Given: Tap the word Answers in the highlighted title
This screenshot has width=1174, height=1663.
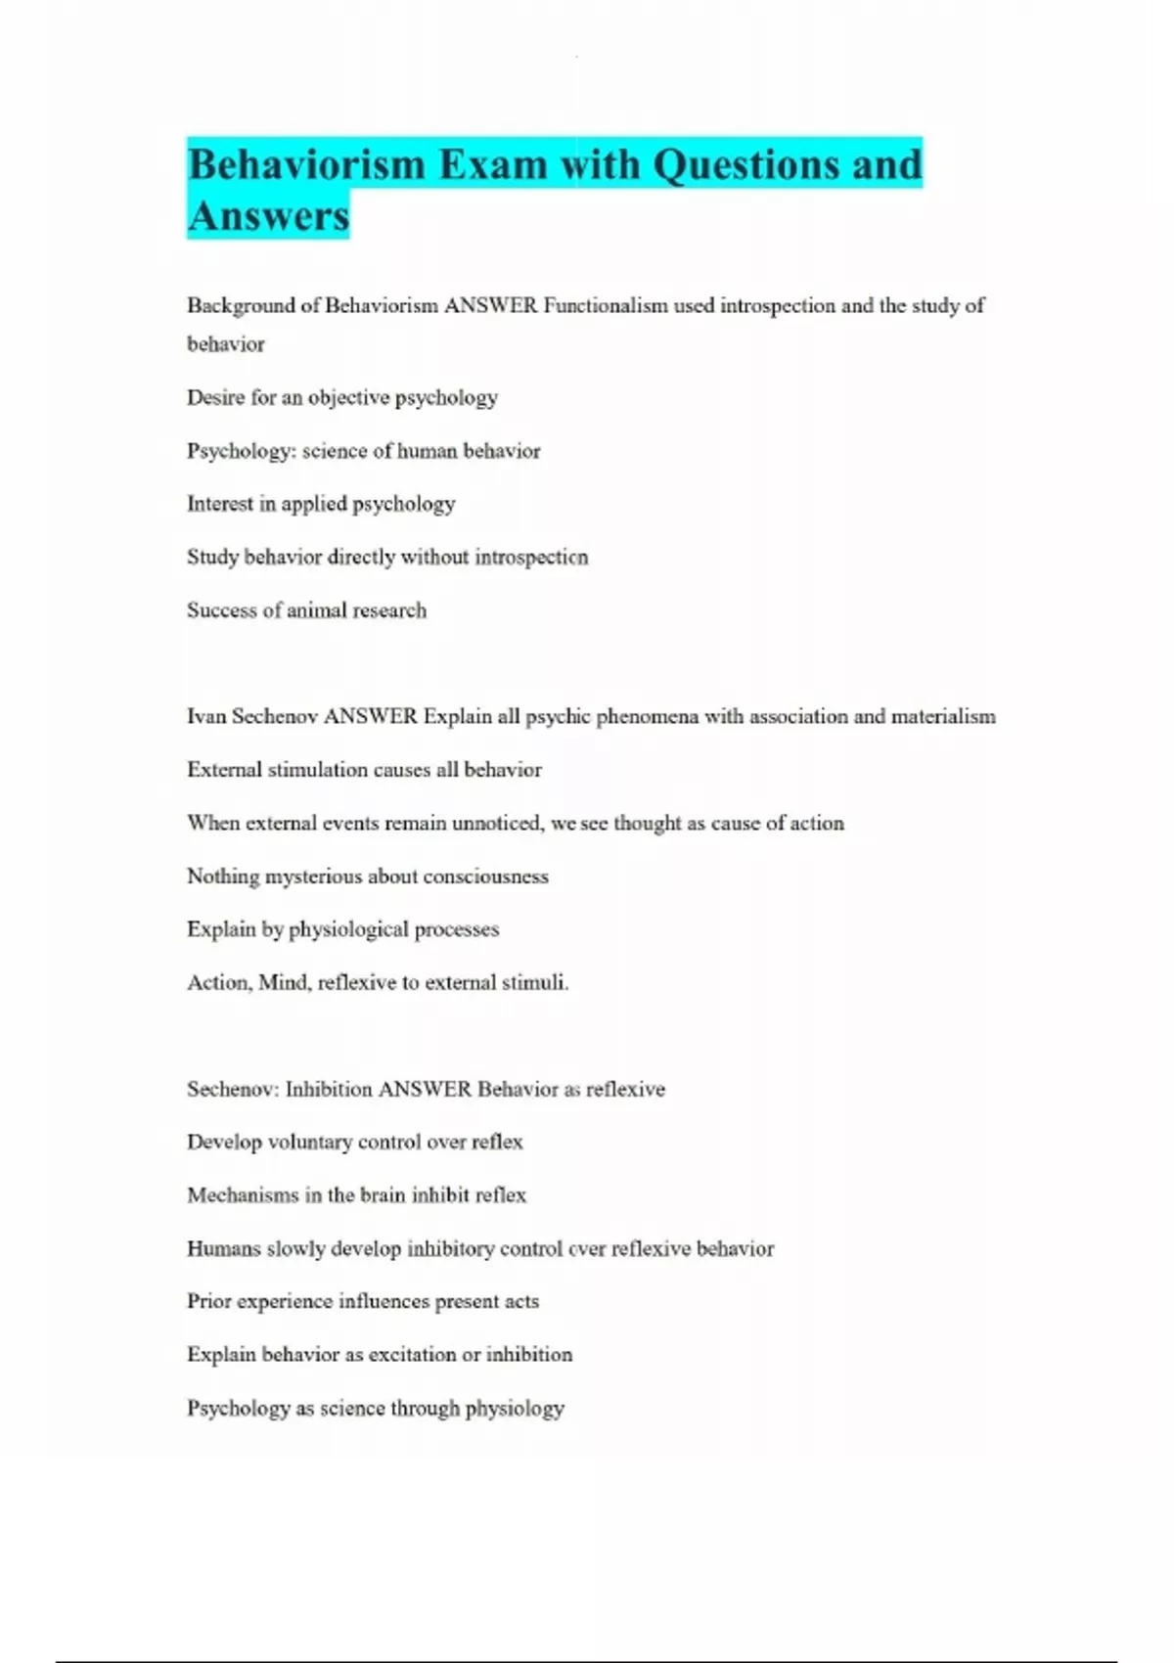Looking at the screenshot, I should (268, 216).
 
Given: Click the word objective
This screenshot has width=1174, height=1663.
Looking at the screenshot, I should (348, 397).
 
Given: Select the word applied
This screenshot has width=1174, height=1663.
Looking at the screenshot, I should (314, 504).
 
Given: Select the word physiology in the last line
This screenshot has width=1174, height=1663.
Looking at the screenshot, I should (515, 1409).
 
